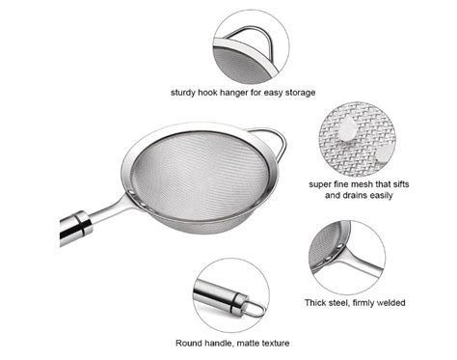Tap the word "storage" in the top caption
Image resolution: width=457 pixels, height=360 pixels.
pyautogui.click(x=296, y=93)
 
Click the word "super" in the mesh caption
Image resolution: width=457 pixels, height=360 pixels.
pyautogui.click(x=324, y=182)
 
